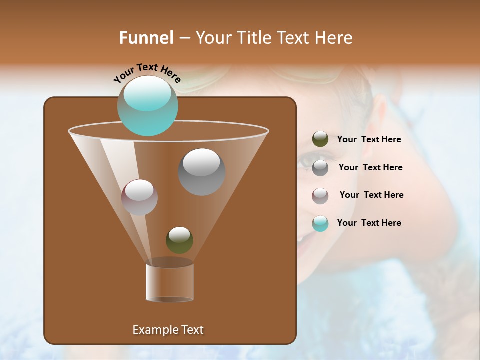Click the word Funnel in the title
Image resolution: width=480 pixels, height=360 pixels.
[x=146, y=38]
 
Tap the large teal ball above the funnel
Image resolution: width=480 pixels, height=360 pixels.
[x=147, y=105]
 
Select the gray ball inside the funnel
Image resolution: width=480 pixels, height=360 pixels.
[x=201, y=171]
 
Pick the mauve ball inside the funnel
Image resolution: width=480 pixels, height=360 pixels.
[x=139, y=197]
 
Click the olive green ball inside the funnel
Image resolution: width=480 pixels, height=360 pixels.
[x=179, y=240]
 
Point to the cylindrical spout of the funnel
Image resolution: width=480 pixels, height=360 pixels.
[x=170, y=282]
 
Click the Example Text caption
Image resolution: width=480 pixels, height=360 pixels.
[x=168, y=330]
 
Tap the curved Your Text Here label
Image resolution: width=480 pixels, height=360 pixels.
[x=147, y=73]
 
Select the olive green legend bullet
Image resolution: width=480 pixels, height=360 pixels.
[x=320, y=139]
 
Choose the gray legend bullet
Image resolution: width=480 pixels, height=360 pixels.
[x=320, y=168]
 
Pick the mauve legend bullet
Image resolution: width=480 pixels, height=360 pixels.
[x=320, y=195]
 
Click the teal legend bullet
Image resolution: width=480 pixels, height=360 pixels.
[x=320, y=223]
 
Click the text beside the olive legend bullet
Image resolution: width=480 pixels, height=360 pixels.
[x=369, y=139]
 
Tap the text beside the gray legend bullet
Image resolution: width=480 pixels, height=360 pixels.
[x=370, y=167]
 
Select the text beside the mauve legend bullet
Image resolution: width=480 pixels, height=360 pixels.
[x=371, y=195]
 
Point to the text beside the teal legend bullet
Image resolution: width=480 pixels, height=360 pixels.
[x=369, y=223]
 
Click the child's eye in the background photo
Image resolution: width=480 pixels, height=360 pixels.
[x=305, y=160]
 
